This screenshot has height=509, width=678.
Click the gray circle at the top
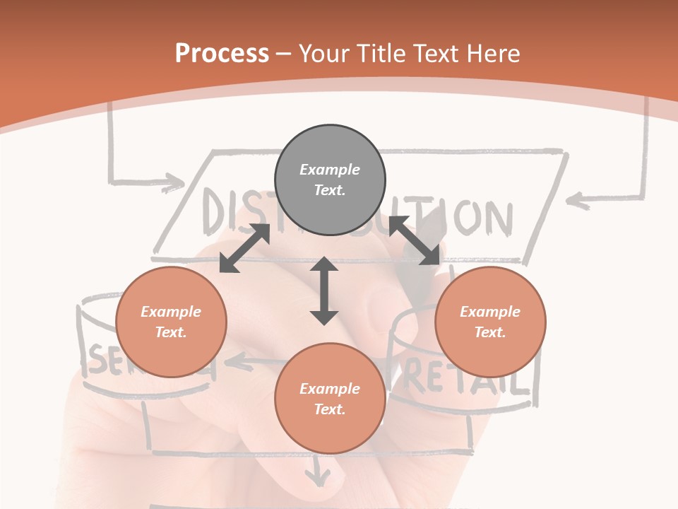point(330,180)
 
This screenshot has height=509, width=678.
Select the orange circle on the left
point(171,322)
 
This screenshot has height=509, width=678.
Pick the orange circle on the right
point(490,322)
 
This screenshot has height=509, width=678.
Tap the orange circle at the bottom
point(330,398)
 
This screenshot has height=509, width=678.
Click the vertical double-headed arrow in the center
point(324,291)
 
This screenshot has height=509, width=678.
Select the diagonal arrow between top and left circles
point(245,248)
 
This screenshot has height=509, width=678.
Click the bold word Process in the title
point(222,53)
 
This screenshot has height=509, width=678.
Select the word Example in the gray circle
point(330,170)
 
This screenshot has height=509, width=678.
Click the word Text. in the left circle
point(171,332)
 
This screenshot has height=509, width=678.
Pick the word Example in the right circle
point(490,312)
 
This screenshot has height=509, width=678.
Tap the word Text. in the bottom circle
point(330,409)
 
